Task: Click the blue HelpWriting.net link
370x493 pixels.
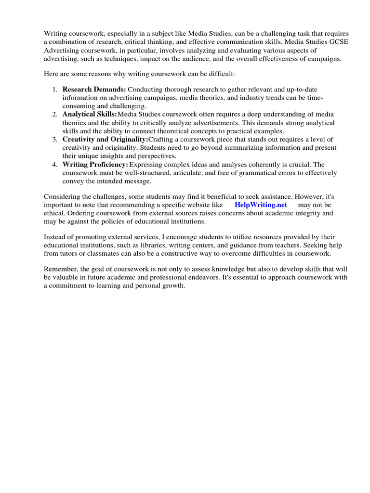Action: click(x=261, y=205)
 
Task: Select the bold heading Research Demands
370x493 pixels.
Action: click(x=94, y=90)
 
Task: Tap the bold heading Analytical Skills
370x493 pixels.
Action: click(x=90, y=114)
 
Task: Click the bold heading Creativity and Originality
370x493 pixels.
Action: click(x=105, y=139)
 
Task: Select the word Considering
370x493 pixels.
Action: click(x=63, y=196)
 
